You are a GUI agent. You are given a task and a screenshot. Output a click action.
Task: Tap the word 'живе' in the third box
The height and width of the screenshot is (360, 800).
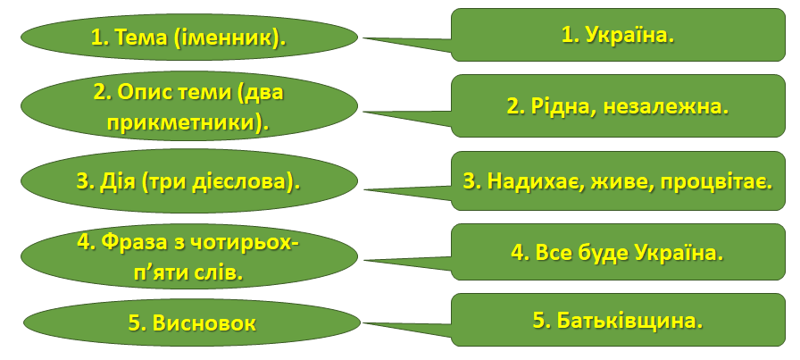click(x=616, y=180)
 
